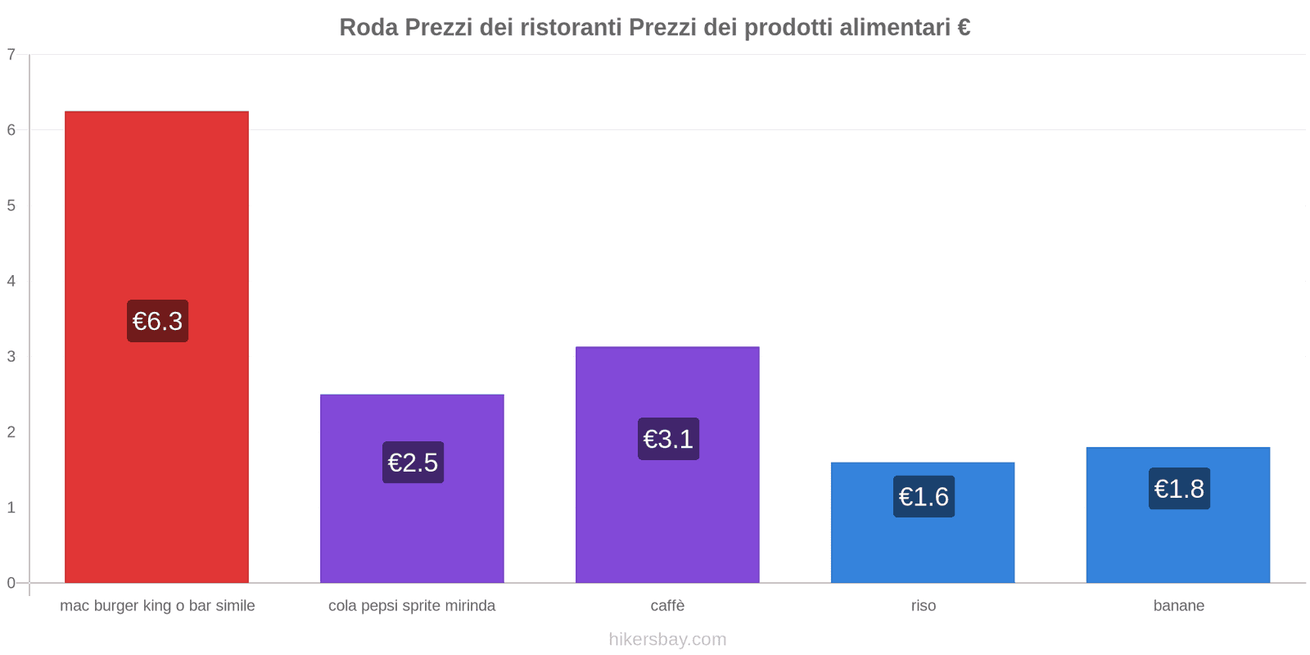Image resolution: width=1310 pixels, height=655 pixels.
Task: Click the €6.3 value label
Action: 157,321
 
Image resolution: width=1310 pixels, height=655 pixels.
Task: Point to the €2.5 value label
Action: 413,463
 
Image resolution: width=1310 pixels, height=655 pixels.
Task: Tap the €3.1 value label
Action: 668,439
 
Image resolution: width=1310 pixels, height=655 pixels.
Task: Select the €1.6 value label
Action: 924,496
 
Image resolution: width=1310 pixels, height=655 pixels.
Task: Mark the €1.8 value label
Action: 1179,489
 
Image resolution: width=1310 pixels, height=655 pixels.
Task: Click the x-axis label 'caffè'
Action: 667,606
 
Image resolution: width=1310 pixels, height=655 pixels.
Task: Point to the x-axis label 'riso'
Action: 923,606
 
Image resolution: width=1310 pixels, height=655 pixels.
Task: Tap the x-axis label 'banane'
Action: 1178,606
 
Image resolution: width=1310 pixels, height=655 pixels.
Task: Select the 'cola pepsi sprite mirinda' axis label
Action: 412,606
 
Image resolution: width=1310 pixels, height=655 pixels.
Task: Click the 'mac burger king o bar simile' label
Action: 157,606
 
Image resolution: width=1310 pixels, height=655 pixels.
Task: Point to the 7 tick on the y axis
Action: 11,55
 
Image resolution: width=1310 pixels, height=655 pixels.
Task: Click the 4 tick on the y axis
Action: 11,281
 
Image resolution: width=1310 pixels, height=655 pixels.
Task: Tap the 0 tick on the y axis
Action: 11,583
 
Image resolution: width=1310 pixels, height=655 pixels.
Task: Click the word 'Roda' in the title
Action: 368,28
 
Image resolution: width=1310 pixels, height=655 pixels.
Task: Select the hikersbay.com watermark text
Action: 667,639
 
